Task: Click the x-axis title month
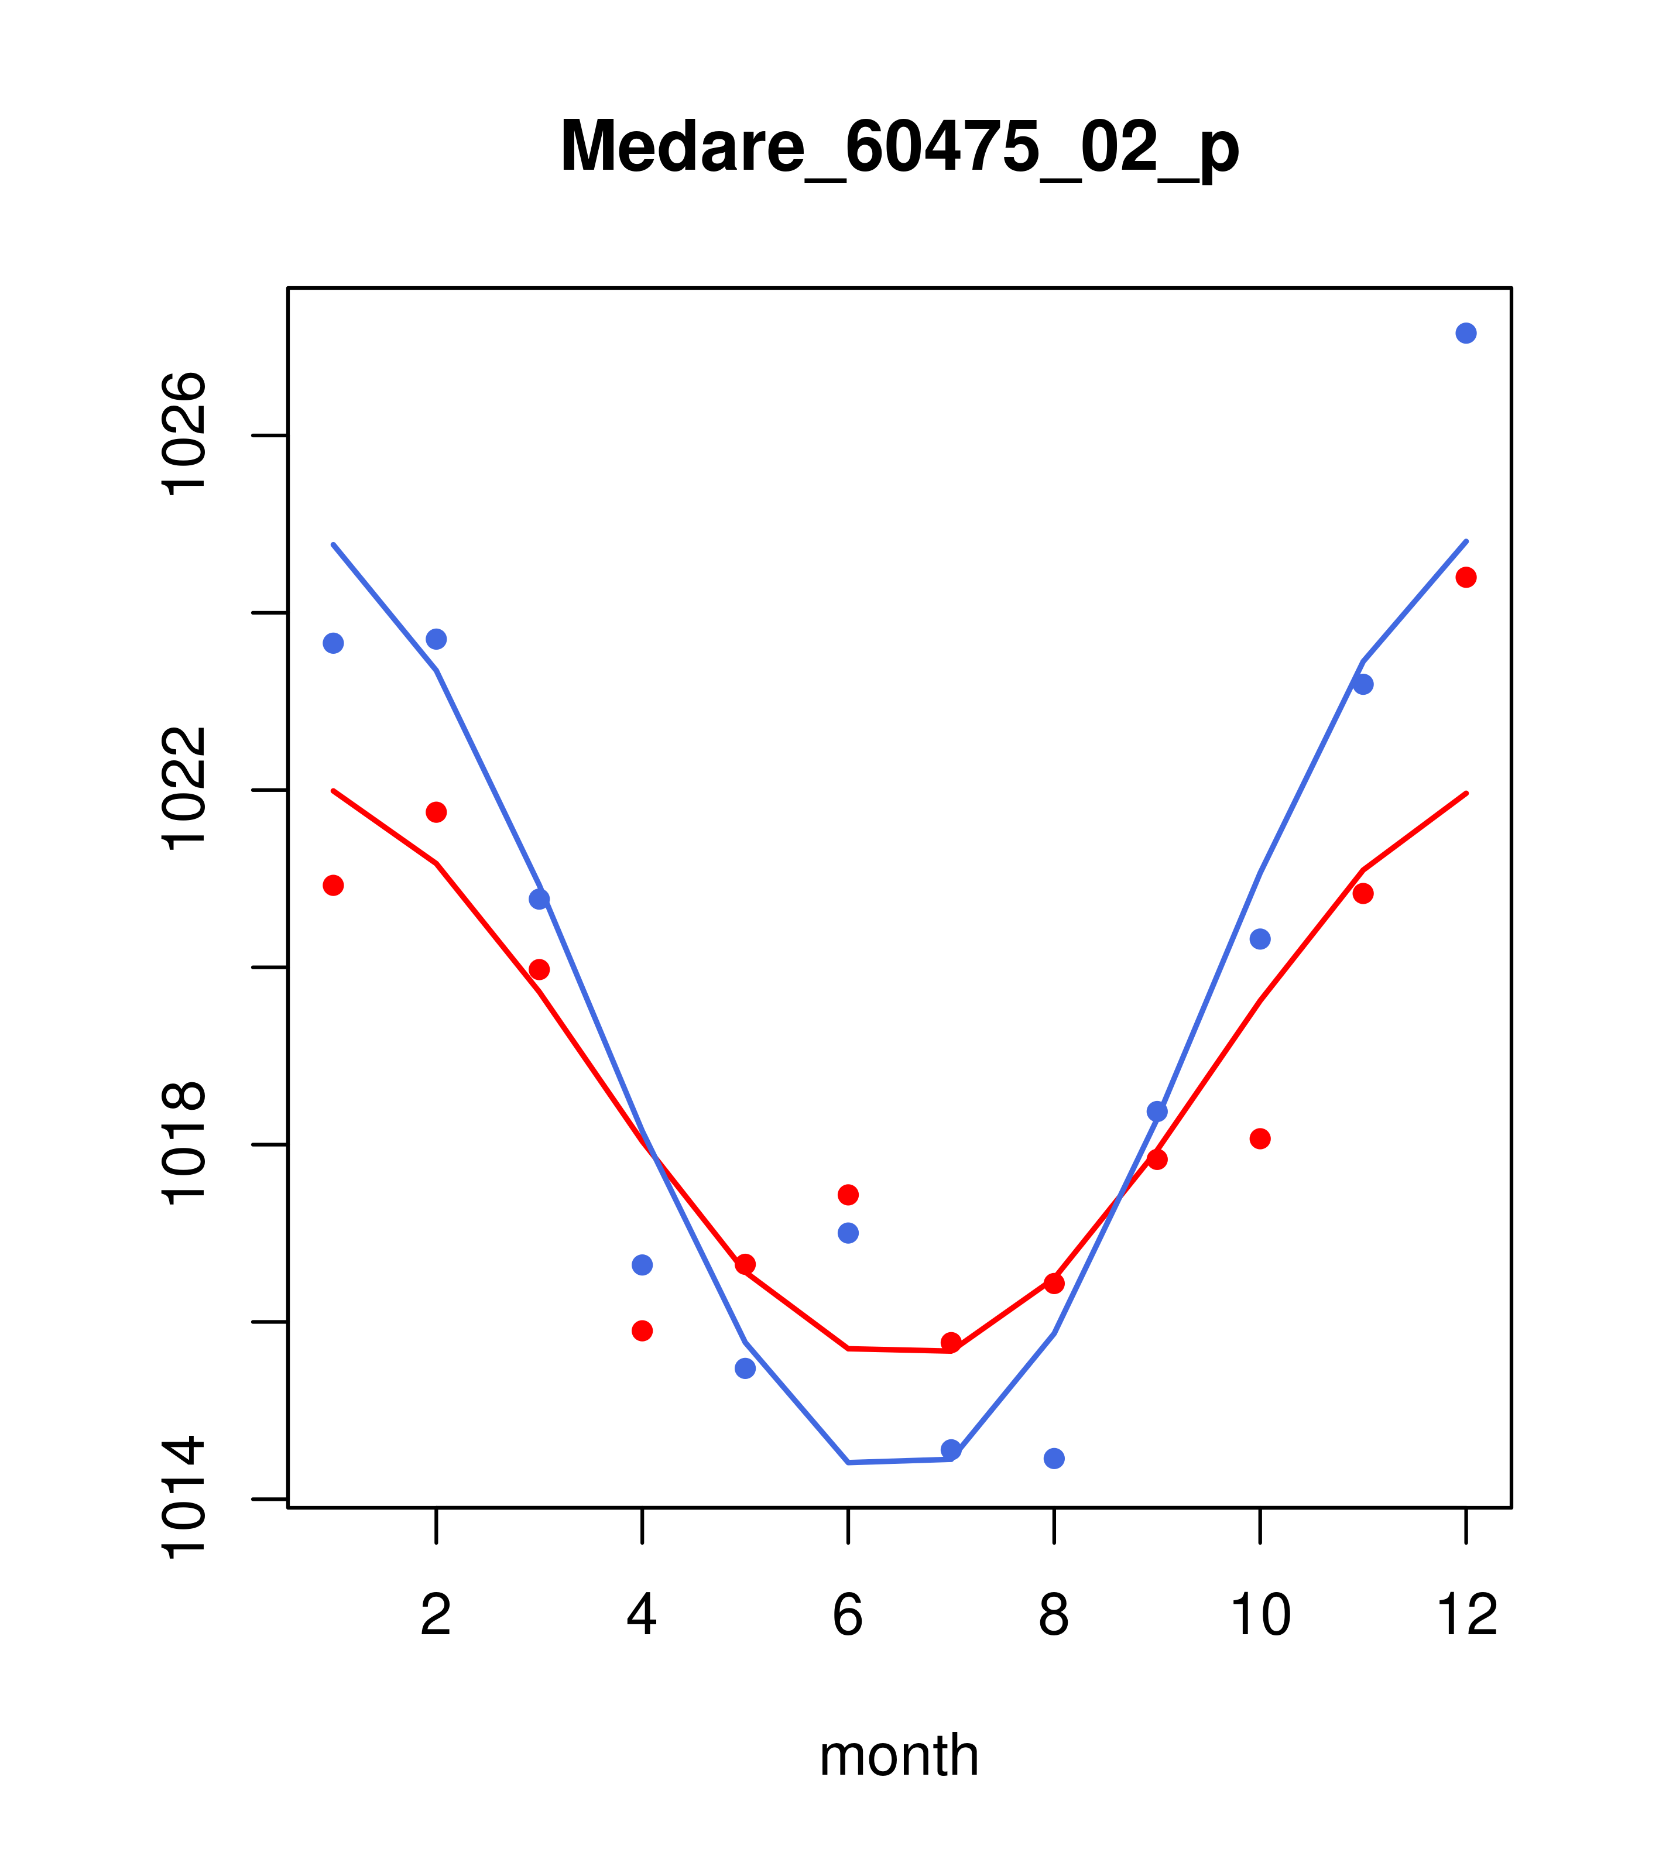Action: [x=899, y=1755]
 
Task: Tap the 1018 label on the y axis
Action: [x=184, y=1144]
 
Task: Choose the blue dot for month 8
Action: [x=1054, y=1459]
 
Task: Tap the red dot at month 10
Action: [x=1260, y=1138]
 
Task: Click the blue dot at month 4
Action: [x=642, y=1264]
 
